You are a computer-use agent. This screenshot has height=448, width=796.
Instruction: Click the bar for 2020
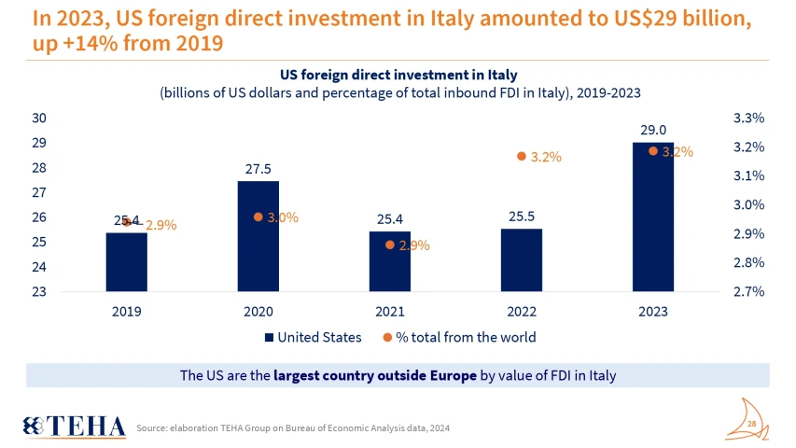258,235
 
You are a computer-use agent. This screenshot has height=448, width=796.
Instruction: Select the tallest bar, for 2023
652,217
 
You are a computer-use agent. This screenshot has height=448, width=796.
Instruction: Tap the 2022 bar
521,259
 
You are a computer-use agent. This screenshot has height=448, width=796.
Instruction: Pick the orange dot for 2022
522,157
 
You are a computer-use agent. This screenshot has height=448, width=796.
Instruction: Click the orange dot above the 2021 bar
389,245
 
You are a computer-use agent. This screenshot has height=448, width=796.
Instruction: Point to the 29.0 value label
652,131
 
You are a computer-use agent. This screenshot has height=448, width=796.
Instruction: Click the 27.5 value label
258,169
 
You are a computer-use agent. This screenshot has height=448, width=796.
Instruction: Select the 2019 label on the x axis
126,311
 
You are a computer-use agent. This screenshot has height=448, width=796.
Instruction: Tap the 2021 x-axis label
389,311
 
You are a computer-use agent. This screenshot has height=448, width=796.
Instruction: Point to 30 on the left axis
39,118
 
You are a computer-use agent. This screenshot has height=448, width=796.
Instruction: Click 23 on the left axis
39,291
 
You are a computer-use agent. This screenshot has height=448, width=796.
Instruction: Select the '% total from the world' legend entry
459,337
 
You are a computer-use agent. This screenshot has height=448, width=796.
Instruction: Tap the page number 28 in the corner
752,424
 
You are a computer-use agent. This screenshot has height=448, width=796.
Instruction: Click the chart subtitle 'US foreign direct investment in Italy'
398,74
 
